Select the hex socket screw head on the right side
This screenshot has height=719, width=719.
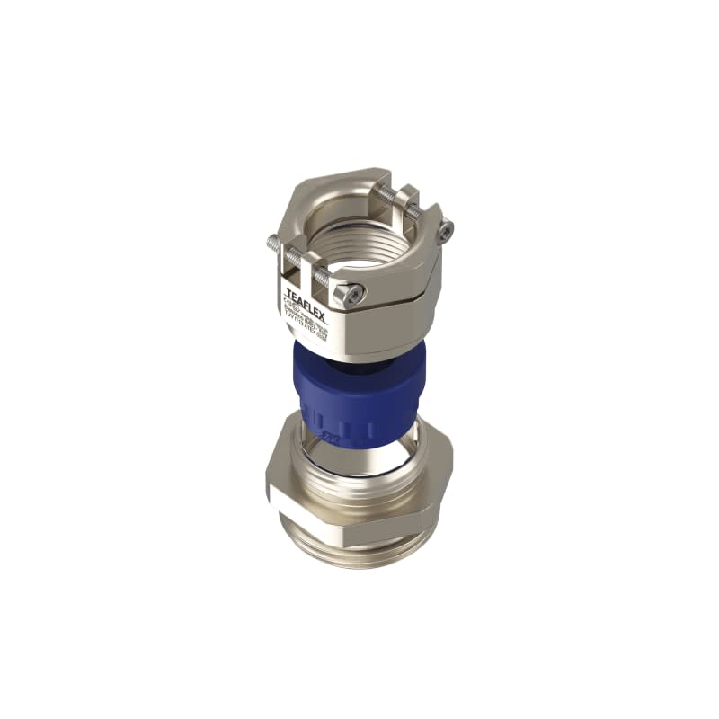click(443, 231)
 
